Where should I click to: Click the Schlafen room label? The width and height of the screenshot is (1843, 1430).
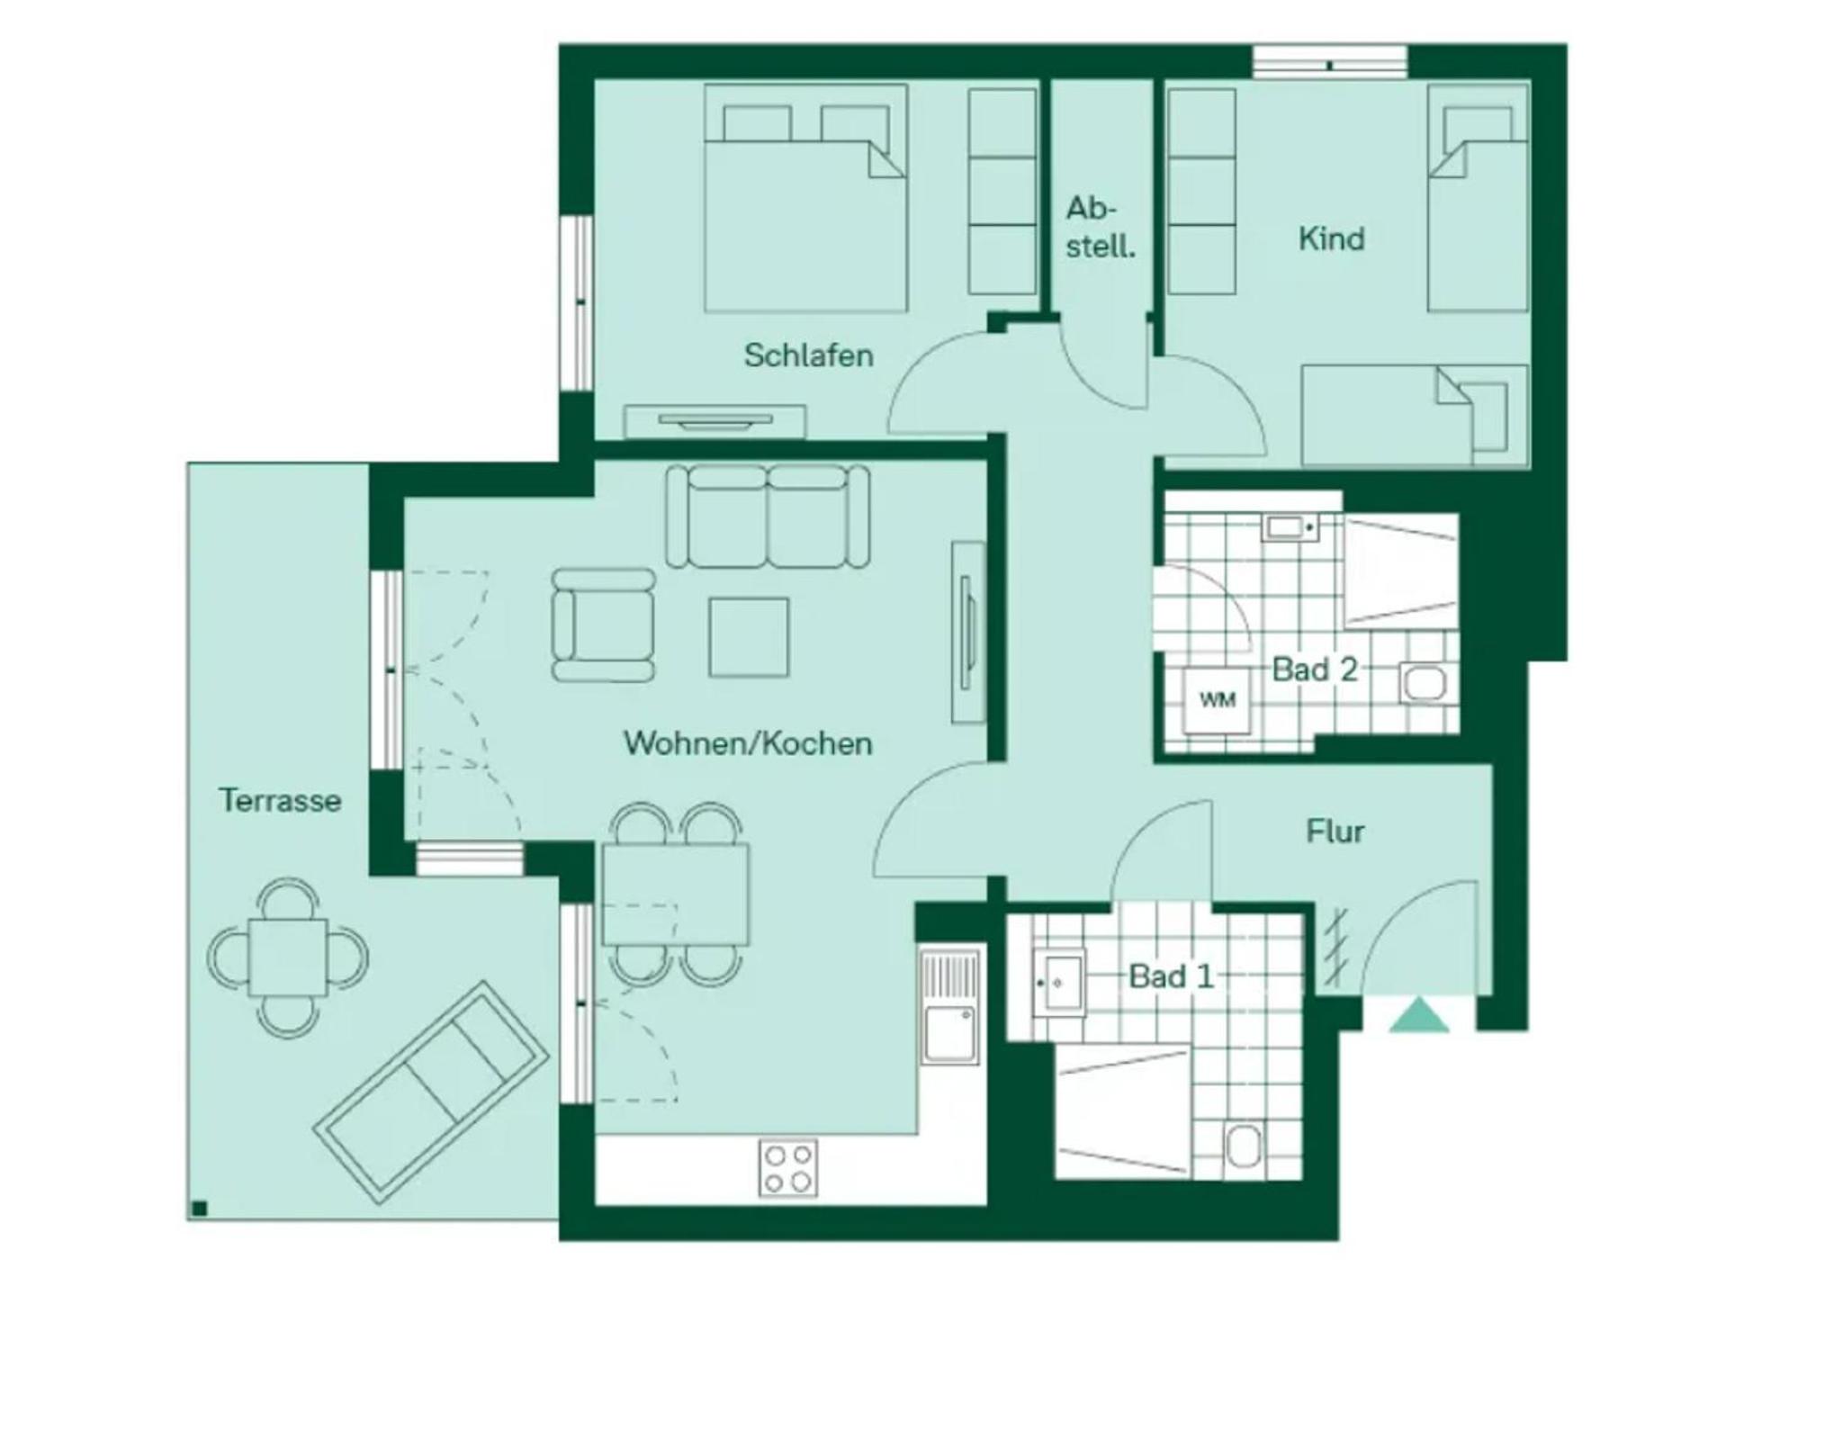pyautogui.click(x=808, y=355)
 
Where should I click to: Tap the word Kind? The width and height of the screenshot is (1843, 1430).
pyautogui.click(x=1331, y=238)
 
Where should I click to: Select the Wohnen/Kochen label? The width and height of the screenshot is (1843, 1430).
pyautogui.click(x=748, y=743)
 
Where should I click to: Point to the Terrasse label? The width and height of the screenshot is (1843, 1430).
pyautogui.click(x=280, y=800)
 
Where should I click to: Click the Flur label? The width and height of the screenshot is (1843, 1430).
pyautogui.click(x=1335, y=831)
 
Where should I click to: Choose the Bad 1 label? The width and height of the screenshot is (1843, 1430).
pyautogui.click(x=1171, y=976)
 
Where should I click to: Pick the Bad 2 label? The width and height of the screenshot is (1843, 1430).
pyautogui.click(x=1314, y=670)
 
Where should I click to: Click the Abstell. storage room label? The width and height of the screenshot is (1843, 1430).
pyautogui.click(x=1100, y=227)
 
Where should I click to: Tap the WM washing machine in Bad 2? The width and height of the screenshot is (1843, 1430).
pyautogui.click(x=1217, y=699)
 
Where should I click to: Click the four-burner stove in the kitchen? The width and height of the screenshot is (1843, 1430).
pyautogui.click(x=788, y=1168)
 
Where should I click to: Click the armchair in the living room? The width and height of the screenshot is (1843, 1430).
pyautogui.click(x=603, y=625)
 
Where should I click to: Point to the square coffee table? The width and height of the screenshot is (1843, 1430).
pyautogui.click(x=749, y=637)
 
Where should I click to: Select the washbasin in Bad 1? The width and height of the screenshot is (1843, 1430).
pyautogui.click(x=1059, y=982)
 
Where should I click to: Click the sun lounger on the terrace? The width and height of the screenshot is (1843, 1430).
pyautogui.click(x=431, y=1092)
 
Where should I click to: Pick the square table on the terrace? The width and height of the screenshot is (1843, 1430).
pyautogui.click(x=288, y=957)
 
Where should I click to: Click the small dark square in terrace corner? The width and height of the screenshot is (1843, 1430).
pyautogui.click(x=200, y=1209)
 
